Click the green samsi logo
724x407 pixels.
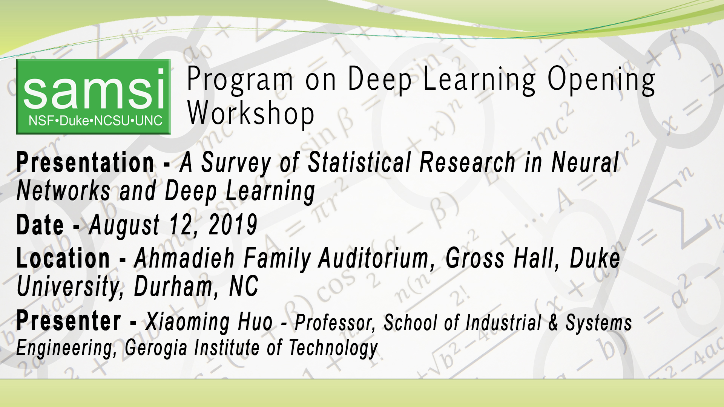[93, 96]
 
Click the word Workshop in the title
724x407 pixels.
[250, 113]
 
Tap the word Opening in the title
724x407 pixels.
[601, 80]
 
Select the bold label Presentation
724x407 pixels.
[85, 163]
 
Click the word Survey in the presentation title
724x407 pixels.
[236, 163]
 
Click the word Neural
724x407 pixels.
[585, 163]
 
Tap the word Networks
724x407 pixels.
[64, 191]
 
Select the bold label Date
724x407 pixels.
[40, 225]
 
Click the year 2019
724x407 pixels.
[233, 225]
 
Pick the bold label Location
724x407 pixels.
[63, 259]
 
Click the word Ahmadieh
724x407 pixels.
[184, 259]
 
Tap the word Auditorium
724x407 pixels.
[374, 259]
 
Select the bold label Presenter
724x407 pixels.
[69, 321]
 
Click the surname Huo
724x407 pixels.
[255, 322]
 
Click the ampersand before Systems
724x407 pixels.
[553, 323]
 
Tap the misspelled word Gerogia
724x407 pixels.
[156, 347]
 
